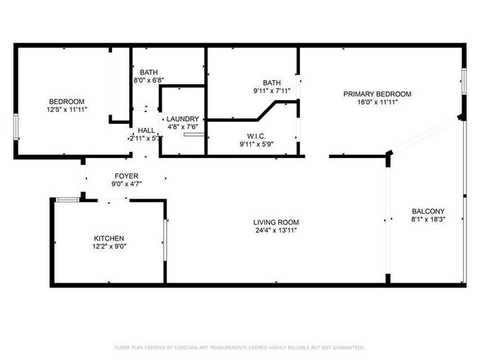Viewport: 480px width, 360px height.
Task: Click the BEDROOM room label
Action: pos(66,101)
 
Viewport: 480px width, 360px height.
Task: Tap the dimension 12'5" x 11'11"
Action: pos(66,110)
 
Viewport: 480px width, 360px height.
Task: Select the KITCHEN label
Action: pos(109,238)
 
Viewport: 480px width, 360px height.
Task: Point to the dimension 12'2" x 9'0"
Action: pos(109,247)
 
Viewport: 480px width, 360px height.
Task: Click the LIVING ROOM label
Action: pos(276,222)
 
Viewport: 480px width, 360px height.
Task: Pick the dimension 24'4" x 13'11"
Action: pos(276,230)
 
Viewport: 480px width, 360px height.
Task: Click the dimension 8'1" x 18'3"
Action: pos(428,220)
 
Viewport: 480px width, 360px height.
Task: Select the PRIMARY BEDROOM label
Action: pos(377,94)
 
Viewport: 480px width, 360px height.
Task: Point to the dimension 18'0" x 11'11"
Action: pos(377,103)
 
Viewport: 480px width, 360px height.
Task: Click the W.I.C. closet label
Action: pos(256,136)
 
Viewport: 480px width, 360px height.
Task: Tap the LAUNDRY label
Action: pos(182,119)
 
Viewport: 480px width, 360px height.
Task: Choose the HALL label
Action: pos(146,129)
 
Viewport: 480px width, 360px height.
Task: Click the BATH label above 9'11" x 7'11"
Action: pos(272,83)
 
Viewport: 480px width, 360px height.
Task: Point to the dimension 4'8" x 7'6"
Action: pos(182,128)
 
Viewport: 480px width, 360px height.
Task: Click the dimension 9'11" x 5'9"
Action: pos(256,145)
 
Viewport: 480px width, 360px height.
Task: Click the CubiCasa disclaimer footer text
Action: pos(239,347)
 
